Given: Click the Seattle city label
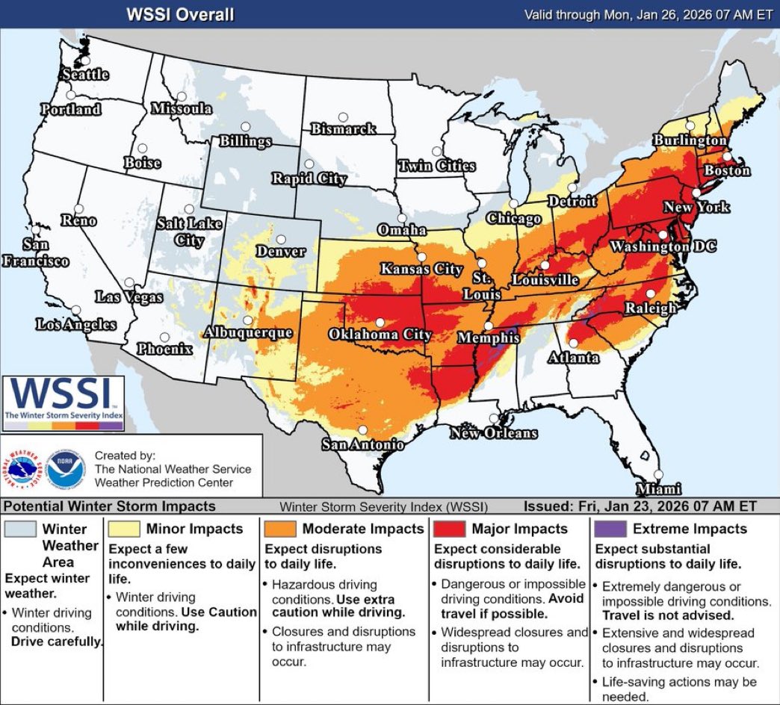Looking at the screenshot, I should (84, 74).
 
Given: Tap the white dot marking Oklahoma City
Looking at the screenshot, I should (380, 323).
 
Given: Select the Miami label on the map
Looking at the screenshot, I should (658, 489).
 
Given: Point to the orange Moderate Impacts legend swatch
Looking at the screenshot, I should (278, 529).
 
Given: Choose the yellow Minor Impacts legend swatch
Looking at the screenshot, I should (122, 529).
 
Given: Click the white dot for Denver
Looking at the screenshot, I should (282, 240).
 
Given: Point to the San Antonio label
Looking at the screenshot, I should (362, 444).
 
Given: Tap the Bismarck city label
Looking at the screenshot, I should (343, 129).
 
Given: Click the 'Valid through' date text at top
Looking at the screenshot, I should (647, 14).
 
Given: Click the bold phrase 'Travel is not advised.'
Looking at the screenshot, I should (668, 615).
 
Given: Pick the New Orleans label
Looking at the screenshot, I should (493, 433).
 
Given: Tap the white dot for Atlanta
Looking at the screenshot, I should (573, 343).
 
